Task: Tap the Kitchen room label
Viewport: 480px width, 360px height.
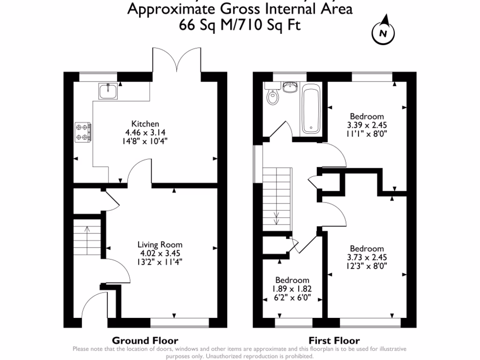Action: coord(145,124)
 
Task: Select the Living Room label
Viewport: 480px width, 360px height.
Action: coord(160,245)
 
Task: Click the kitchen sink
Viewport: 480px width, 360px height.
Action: coord(108,90)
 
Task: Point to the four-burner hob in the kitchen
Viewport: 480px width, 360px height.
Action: coord(83,131)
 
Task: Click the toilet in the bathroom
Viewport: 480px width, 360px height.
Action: coord(272,97)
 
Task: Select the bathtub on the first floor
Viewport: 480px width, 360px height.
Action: coord(311,109)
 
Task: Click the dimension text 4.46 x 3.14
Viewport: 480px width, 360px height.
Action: coord(145,132)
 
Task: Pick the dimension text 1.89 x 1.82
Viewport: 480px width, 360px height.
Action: coord(292,289)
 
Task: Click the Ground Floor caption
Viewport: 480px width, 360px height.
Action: coord(144,340)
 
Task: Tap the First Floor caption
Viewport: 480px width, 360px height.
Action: coord(334,340)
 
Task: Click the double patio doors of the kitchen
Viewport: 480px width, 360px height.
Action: coord(177,60)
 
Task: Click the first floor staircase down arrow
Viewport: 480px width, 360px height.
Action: coord(277,218)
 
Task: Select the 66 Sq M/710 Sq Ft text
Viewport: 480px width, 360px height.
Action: coord(240,24)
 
